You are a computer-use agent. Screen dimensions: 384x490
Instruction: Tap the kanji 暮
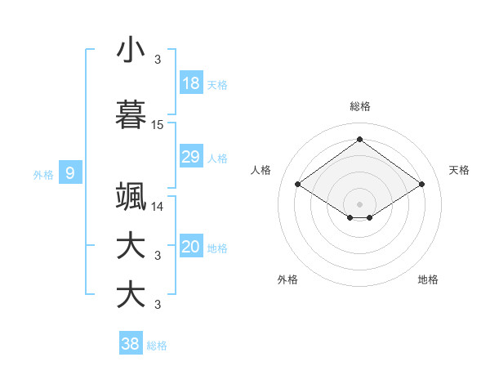pyautogui.click(x=131, y=115)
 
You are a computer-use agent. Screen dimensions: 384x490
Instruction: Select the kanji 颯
pyautogui.click(x=131, y=197)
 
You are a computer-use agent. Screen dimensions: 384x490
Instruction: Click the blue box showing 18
pyautogui.click(x=190, y=83)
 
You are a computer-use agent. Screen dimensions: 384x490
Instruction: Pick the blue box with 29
pyautogui.click(x=190, y=157)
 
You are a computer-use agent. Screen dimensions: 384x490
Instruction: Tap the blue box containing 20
pyautogui.click(x=190, y=248)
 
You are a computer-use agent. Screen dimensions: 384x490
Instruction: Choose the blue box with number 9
pyautogui.click(x=70, y=172)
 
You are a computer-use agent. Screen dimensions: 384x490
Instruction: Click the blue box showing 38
pyautogui.click(x=131, y=344)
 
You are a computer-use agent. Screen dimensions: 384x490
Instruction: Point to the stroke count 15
pyautogui.click(x=158, y=124)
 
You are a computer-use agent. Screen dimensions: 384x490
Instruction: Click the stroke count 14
pyautogui.click(x=158, y=207)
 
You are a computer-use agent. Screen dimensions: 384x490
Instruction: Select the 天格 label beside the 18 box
pyautogui.click(x=217, y=84)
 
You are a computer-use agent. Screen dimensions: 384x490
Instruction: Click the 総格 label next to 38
pyautogui.click(x=158, y=346)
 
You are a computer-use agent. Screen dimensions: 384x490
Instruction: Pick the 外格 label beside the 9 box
pyautogui.click(x=43, y=174)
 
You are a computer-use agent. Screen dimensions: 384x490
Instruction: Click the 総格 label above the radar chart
pyautogui.click(x=359, y=106)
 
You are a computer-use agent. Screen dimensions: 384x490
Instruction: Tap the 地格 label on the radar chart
pyautogui.click(x=428, y=279)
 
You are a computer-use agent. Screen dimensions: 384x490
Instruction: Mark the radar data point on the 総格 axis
pyautogui.click(x=359, y=140)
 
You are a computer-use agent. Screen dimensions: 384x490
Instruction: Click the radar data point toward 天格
pyautogui.click(x=421, y=185)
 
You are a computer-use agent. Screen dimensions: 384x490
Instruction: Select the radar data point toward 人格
pyautogui.click(x=298, y=185)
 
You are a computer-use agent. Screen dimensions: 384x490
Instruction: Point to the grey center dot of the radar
pyautogui.click(x=359, y=203)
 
